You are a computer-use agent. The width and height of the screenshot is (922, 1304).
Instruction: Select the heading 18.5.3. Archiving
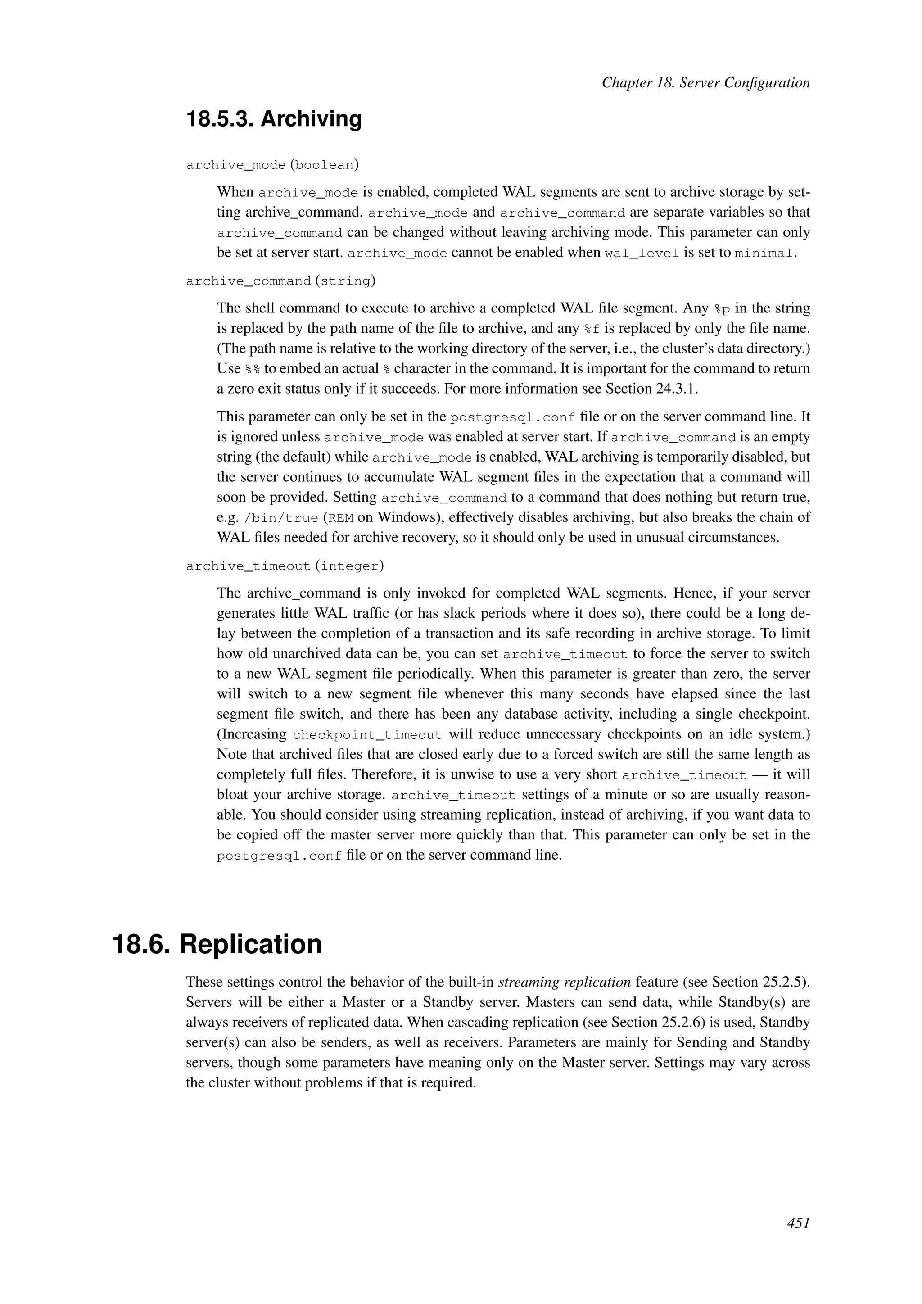click(x=274, y=119)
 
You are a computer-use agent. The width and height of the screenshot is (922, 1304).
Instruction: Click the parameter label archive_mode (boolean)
click(x=272, y=165)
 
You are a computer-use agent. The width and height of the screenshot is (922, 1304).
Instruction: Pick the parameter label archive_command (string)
click(x=280, y=281)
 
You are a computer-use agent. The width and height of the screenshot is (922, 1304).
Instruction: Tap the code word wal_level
click(x=642, y=254)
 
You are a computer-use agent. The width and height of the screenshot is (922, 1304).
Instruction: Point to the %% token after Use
click(x=252, y=369)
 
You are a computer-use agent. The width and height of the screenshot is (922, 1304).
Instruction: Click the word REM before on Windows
click(x=341, y=518)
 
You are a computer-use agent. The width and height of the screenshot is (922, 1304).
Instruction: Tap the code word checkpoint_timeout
click(x=367, y=735)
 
